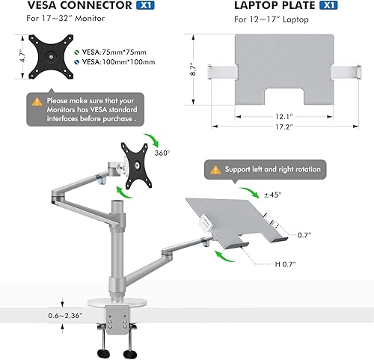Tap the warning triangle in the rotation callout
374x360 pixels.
(x=215, y=170)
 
